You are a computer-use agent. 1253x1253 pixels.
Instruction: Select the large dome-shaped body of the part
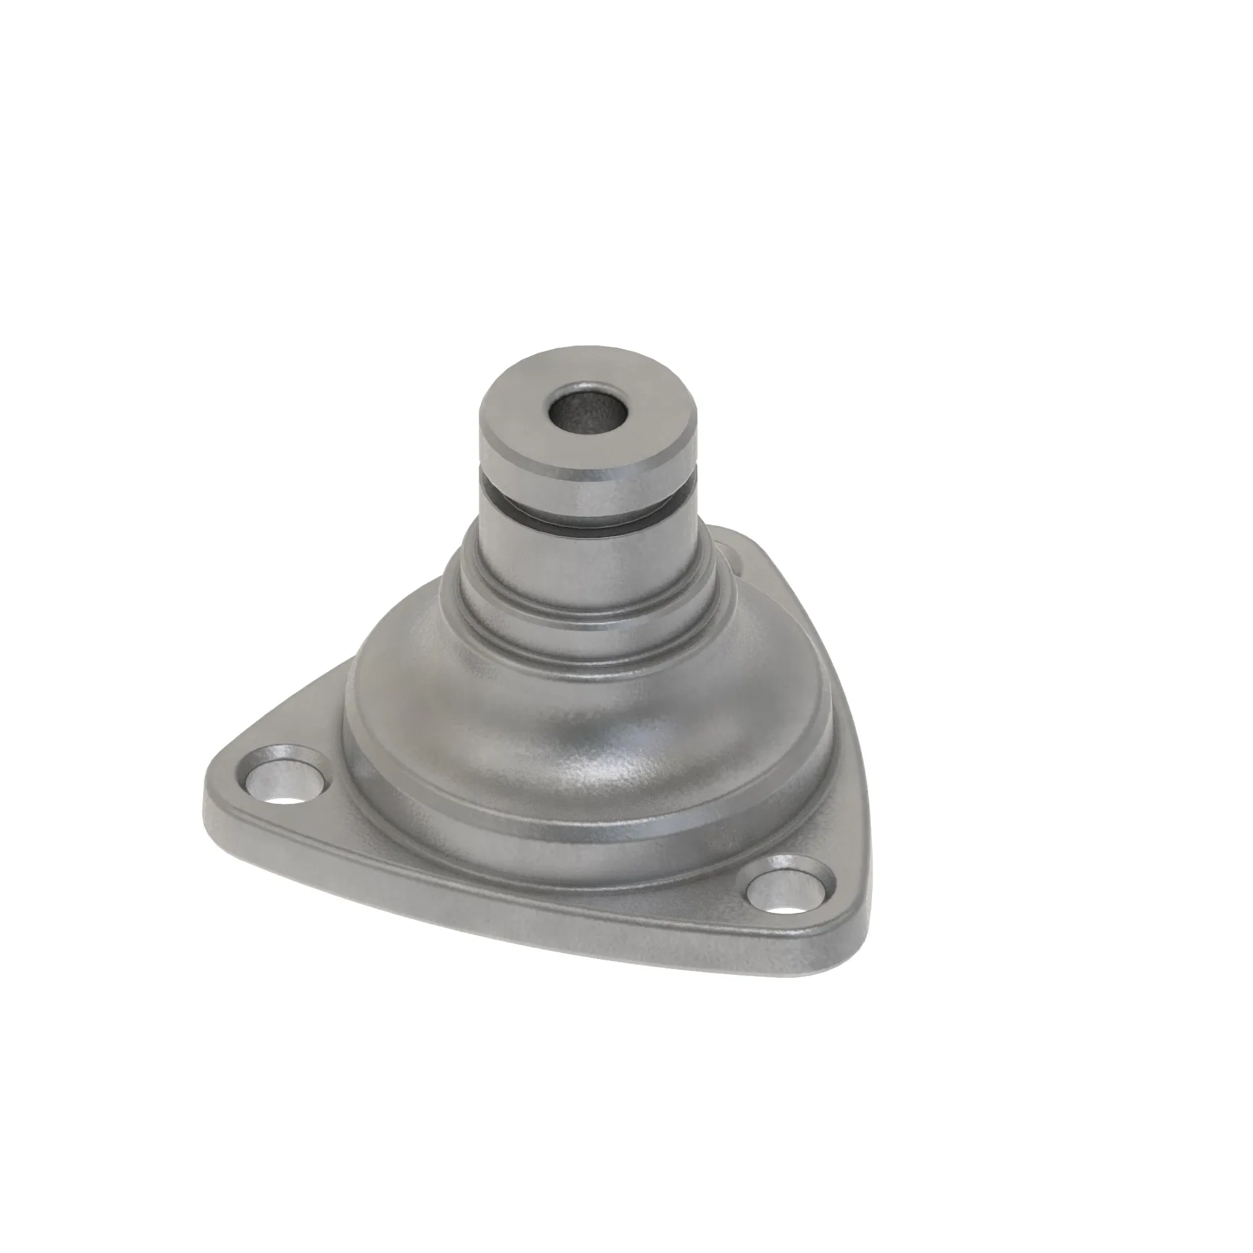click(x=584, y=714)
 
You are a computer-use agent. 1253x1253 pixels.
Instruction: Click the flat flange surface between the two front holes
click(x=519, y=856)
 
